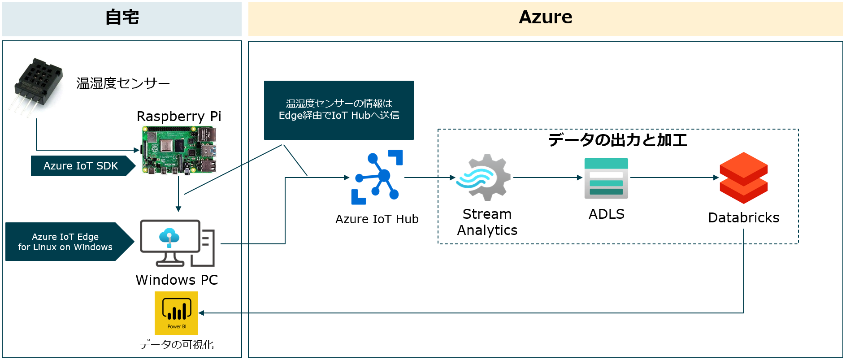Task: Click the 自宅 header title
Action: (122, 17)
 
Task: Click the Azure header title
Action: (545, 17)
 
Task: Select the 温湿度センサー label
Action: (123, 83)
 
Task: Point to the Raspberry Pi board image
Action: (179, 150)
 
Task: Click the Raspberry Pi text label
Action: (179, 116)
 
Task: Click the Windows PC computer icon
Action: (177, 243)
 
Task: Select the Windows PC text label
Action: (177, 280)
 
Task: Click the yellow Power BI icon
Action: (177, 313)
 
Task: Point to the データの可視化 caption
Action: (176, 344)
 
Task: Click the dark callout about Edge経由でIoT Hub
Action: (338, 110)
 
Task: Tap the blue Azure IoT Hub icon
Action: (377, 177)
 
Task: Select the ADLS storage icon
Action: (606, 178)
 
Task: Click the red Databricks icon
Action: (743, 178)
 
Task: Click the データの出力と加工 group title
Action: (617, 140)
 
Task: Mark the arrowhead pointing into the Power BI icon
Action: (201, 313)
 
